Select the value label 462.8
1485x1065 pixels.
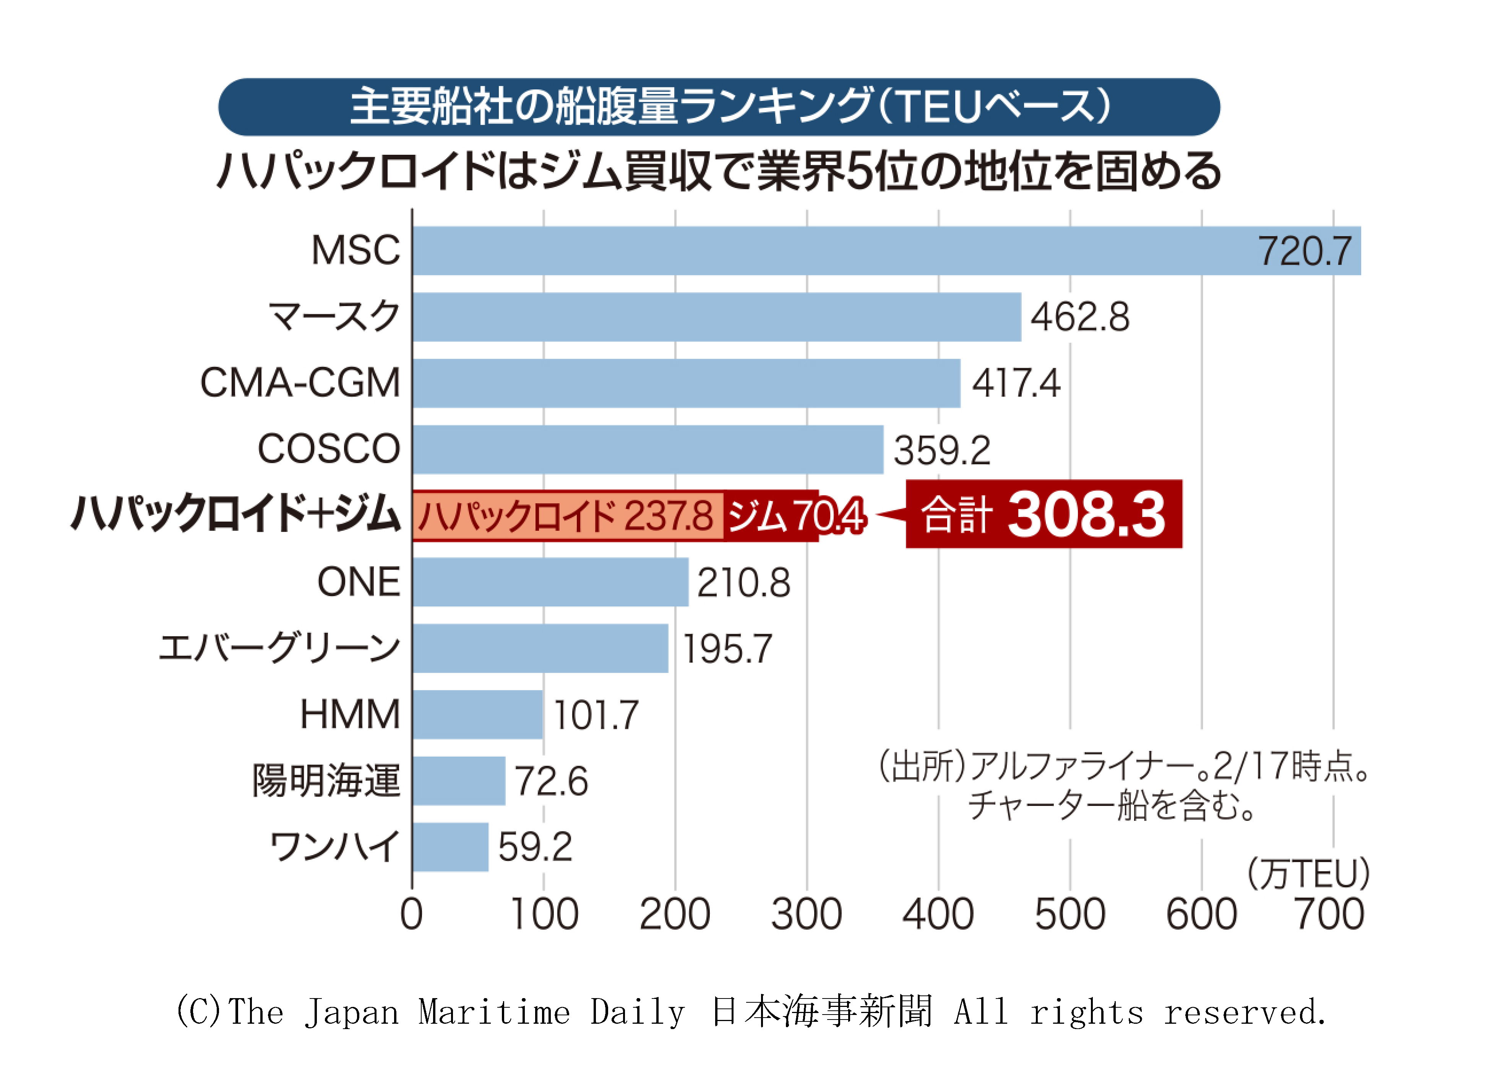1080,317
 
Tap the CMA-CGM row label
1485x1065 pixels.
300,383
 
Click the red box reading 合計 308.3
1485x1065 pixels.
1044,514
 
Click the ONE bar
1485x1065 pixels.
550,582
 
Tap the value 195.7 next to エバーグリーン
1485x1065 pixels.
727,649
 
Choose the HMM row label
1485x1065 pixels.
350,714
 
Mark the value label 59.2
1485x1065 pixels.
534,847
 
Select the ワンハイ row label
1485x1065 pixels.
334,846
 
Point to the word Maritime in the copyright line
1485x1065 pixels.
494,1013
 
